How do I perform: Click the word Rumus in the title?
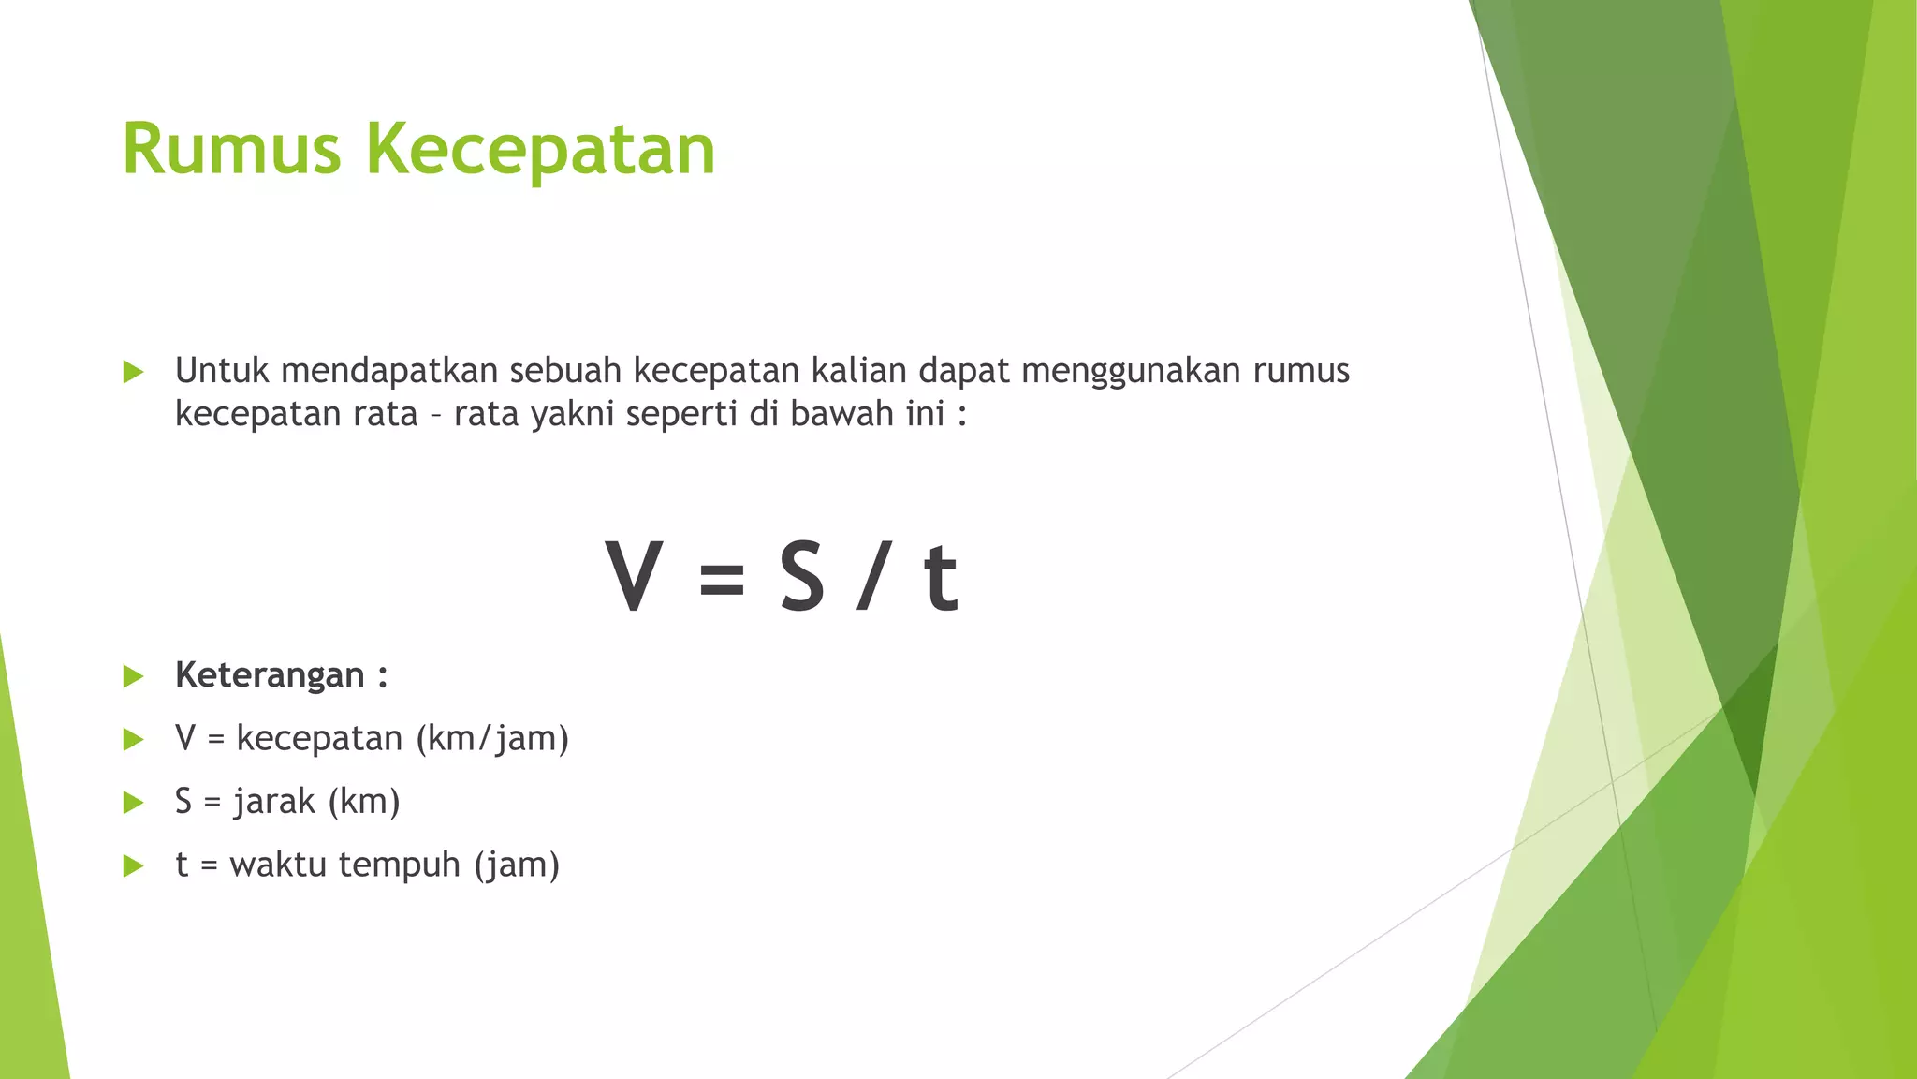tap(231, 150)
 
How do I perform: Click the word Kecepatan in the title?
tap(540, 150)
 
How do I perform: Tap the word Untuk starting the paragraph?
tap(222, 371)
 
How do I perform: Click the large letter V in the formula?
tap(634, 577)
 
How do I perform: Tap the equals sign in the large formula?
tap(722, 579)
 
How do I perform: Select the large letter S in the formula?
tap(802, 577)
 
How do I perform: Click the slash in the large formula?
tap(871, 577)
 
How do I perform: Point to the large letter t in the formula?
tap(941, 579)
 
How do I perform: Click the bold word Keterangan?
tap(270, 675)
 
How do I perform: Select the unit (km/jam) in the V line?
tap(492, 739)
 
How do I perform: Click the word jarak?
tap(274, 802)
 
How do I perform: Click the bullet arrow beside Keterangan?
tap(133, 676)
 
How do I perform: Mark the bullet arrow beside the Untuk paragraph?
tap(133, 372)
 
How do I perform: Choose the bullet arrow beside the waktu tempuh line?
tap(133, 865)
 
